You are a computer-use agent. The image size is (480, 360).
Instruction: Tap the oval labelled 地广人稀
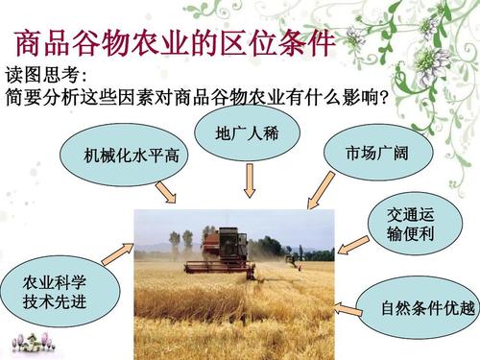247,132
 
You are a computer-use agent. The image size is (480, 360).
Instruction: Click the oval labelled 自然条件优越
415,308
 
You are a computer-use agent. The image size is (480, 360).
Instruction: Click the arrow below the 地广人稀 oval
250,180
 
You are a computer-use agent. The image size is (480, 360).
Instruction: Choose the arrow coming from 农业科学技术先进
116,253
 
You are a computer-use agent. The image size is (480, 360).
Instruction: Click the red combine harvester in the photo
223,252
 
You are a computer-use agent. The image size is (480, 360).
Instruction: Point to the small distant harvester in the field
293,256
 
